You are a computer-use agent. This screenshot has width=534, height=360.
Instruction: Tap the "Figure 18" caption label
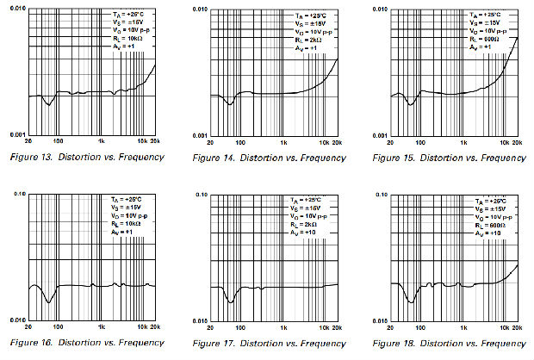tap(393, 343)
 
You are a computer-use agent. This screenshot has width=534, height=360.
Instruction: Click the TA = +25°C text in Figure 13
tap(125, 15)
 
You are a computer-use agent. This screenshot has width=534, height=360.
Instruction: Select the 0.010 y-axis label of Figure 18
tap(378, 320)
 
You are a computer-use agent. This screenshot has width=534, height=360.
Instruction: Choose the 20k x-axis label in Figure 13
tap(155, 142)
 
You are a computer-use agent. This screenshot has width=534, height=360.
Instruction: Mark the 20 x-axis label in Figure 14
tap(210, 142)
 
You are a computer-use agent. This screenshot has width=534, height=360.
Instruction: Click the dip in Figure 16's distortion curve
tap(50, 300)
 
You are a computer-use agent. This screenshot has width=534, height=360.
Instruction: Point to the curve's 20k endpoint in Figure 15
tap(518, 37)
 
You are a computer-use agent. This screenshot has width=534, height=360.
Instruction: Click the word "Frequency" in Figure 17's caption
tap(319, 343)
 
